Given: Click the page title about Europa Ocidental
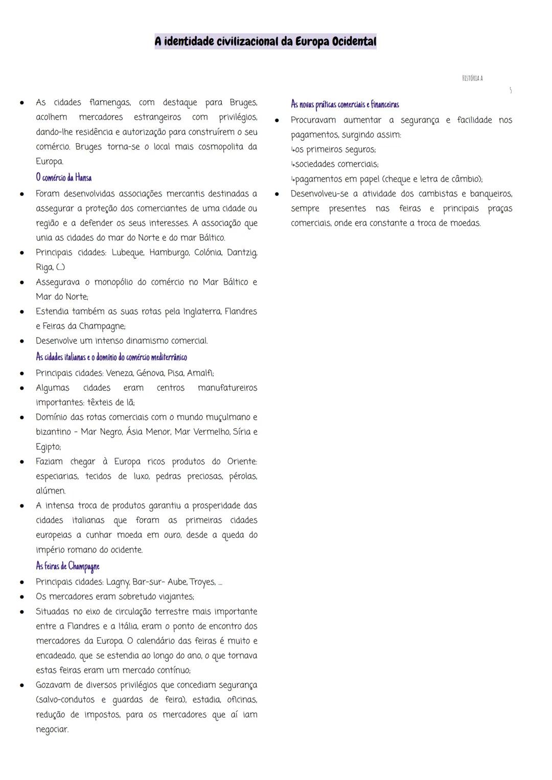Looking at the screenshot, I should [x=265, y=41].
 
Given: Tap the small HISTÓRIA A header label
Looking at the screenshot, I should [x=472, y=78].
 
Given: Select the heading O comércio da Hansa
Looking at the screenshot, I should [x=63, y=177].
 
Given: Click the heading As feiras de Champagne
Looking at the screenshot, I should [x=67, y=566].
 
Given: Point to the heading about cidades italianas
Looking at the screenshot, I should [x=111, y=357].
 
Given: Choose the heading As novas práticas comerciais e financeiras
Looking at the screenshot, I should [x=344, y=104].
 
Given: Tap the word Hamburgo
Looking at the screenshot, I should [x=169, y=253].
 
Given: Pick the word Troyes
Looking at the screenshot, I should [x=202, y=582].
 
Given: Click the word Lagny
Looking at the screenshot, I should [x=118, y=582].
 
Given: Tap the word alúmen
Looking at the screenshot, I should [x=51, y=491].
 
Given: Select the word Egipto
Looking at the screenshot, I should [x=48, y=447].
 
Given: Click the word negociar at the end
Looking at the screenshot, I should [x=52, y=729].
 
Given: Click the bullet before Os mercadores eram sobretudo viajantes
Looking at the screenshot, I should [x=22, y=597].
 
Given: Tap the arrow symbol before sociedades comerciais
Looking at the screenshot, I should [x=293, y=164].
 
